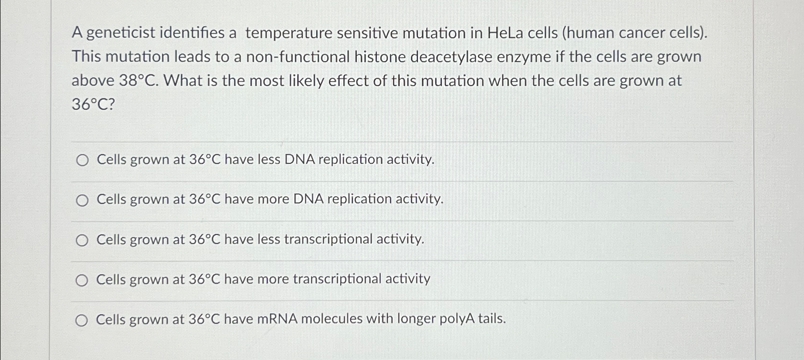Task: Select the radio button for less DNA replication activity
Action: (82, 160)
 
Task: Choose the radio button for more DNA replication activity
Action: (82, 201)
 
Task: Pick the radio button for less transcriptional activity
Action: (82, 241)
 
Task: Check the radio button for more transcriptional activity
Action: (82, 281)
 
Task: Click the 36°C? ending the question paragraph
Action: (93, 104)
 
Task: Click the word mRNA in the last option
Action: (278, 319)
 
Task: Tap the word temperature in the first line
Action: (288, 33)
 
